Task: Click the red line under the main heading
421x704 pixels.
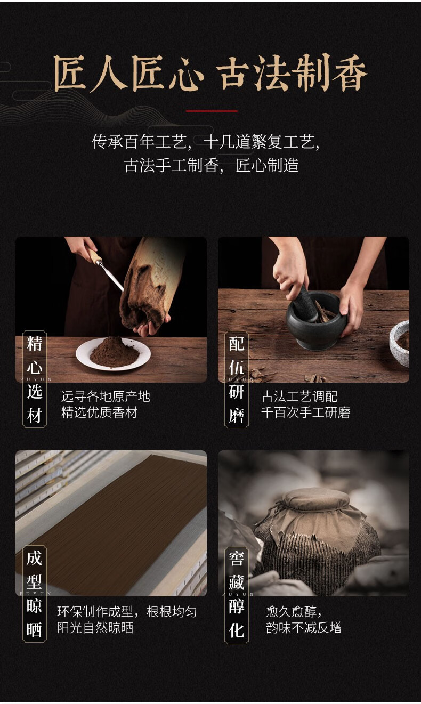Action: click(212, 111)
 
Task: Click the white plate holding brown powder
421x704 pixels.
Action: click(113, 354)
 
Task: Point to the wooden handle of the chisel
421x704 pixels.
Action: click(94, 255)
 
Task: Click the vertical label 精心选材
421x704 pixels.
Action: click(35, 379)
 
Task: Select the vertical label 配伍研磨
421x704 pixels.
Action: click(237, 379)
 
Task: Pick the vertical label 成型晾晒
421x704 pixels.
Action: click(35, 594)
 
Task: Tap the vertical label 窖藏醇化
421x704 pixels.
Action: click(237, 595)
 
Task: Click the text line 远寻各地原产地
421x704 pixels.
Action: click(106, 396)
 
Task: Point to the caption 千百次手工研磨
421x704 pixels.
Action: click(306, 412)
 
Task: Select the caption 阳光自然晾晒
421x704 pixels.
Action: click(95, 628)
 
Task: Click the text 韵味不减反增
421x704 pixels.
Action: click(304, 628)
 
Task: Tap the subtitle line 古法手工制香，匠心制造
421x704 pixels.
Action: click(211, 165)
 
